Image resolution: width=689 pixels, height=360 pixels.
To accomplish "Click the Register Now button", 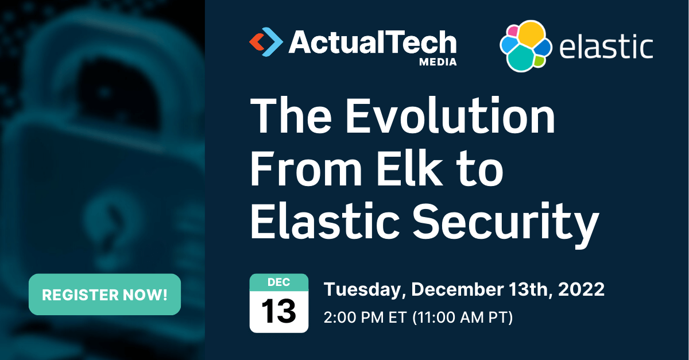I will pos(104,295).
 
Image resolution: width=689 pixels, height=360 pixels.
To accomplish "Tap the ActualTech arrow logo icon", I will pos(266,42).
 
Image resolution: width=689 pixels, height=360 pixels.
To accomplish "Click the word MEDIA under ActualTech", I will pos(438,62).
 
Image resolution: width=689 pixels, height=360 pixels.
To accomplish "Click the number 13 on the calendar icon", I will pos(279,312).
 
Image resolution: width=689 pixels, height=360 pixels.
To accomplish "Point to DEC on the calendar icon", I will pos(279,282).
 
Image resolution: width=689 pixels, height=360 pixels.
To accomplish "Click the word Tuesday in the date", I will pos(363,289).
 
